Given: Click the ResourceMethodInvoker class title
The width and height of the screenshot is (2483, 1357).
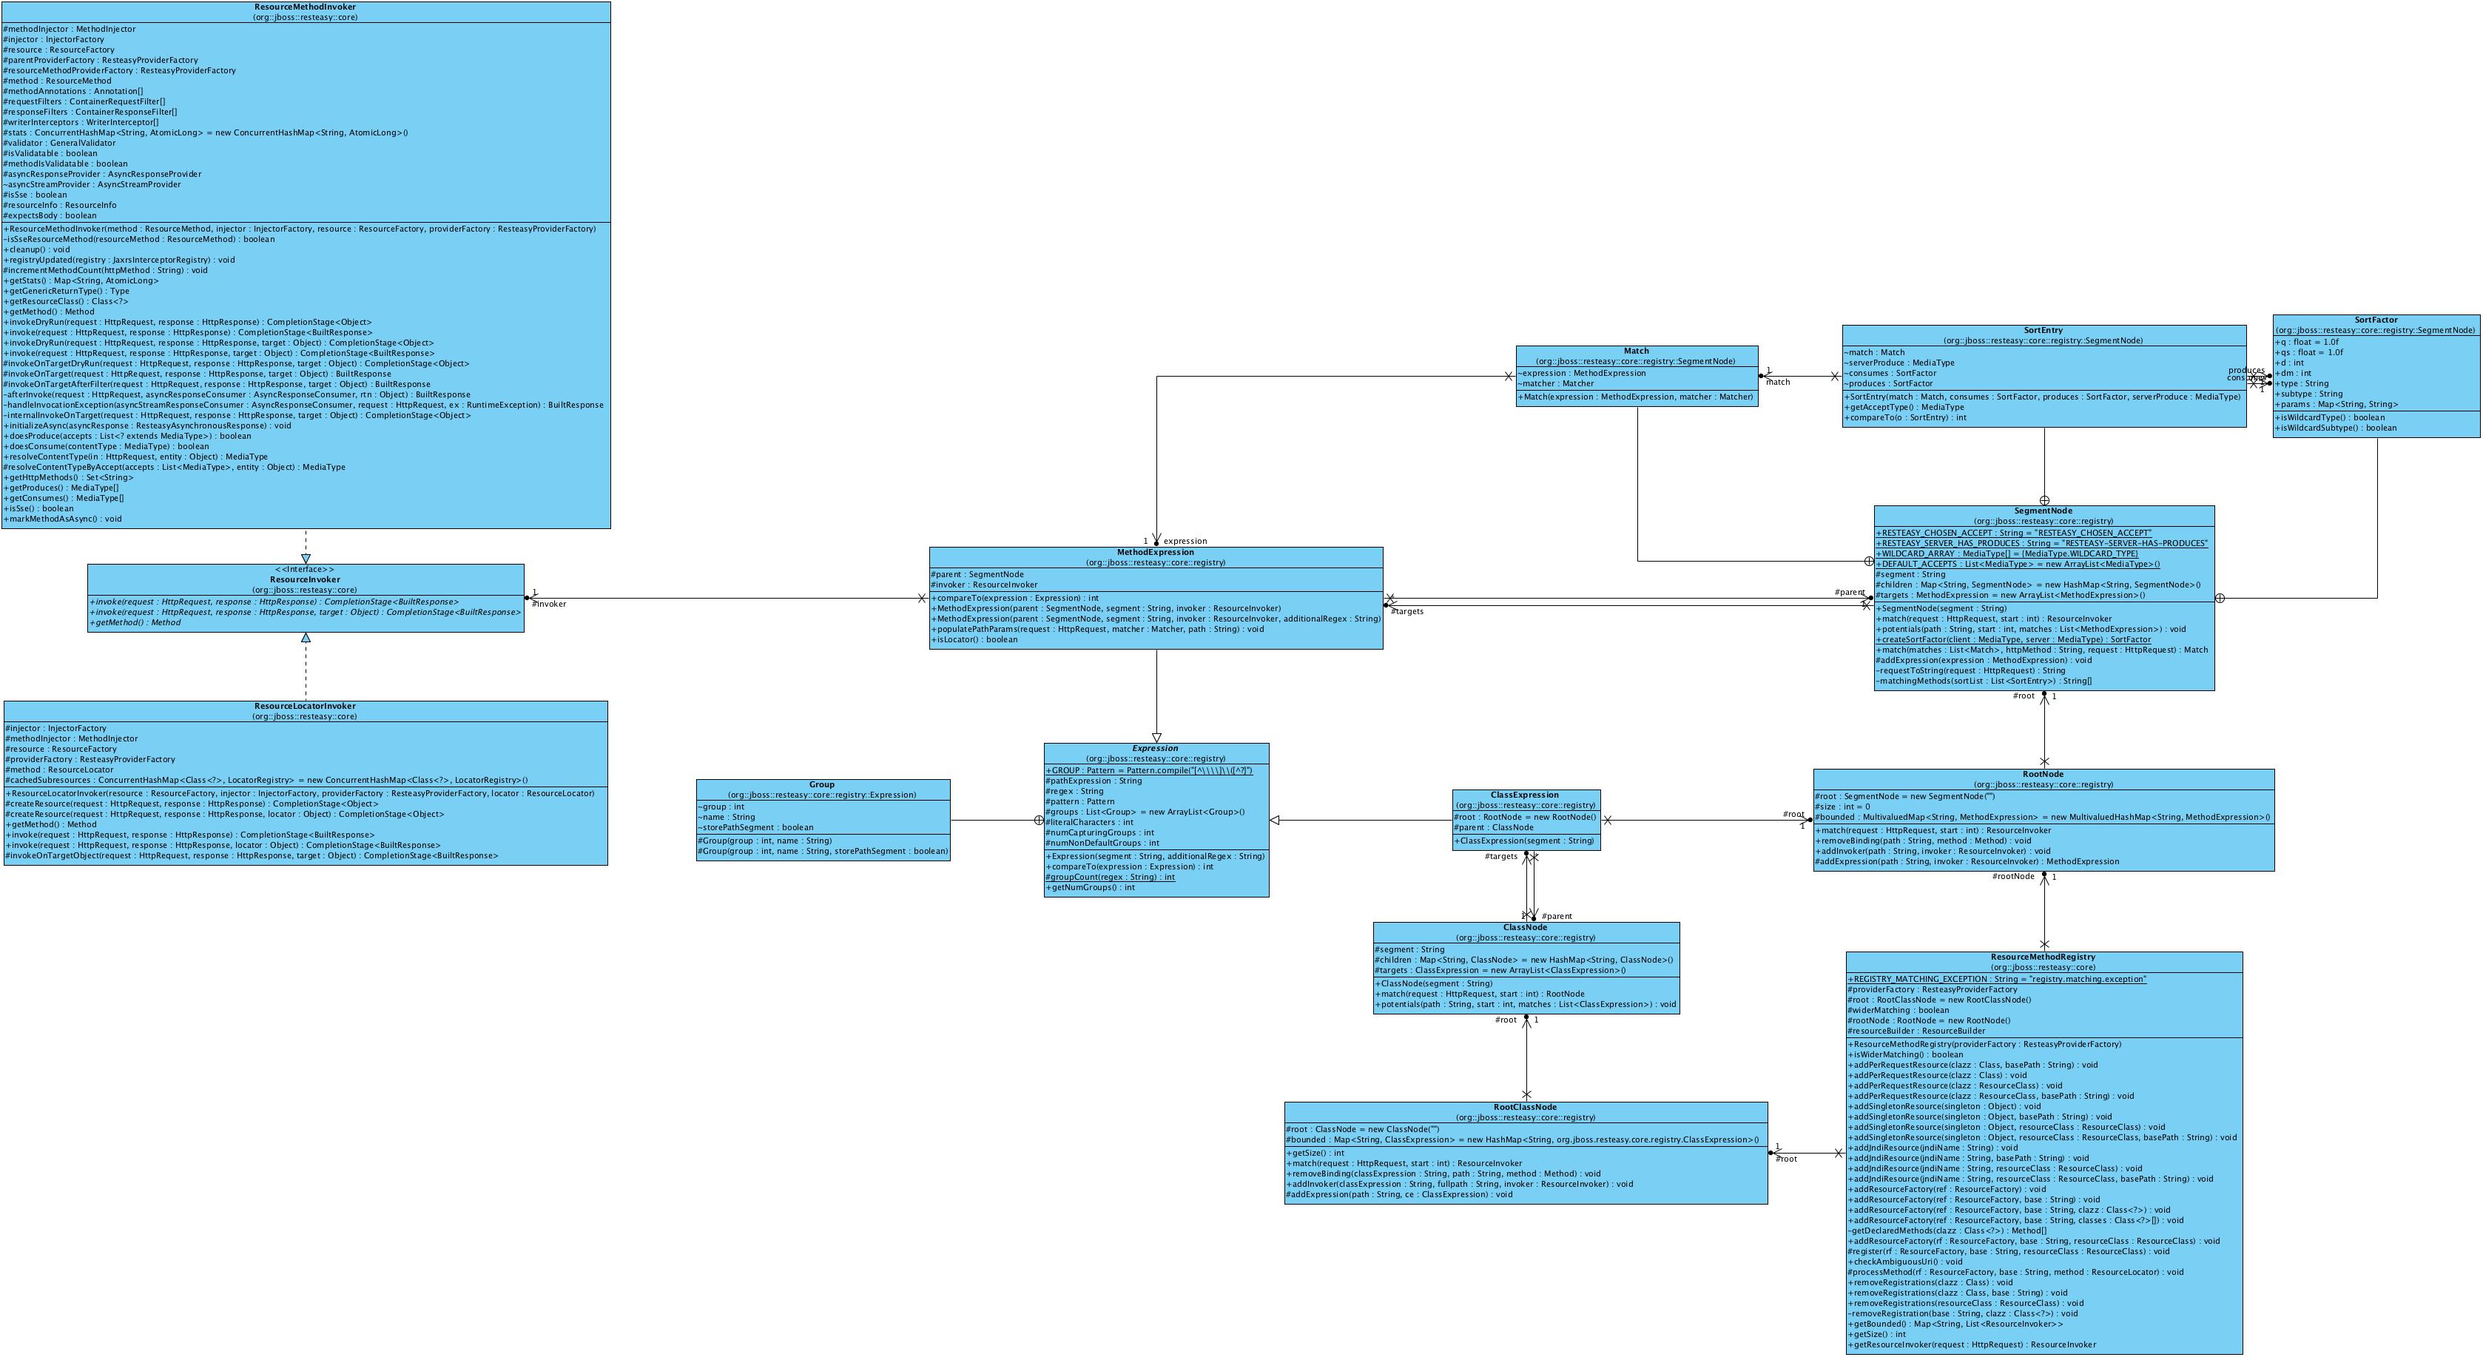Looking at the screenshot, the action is coord(305,7).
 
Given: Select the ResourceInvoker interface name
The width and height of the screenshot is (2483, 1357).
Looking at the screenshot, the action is coord(305,579).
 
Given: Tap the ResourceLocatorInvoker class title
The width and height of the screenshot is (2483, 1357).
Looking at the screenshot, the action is coord(305,707).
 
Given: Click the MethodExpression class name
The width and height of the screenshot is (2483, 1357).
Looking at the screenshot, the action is coord(1155,552).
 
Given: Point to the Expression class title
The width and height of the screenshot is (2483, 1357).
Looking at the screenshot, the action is coord(1155,748).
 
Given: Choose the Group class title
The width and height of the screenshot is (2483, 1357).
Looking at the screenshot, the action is coord(821,784).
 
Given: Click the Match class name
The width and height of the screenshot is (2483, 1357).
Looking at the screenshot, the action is coord(1636,351).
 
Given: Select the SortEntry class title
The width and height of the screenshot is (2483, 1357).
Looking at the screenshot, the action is coord(2043,331).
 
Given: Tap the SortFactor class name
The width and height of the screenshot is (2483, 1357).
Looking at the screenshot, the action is coord(2375,320).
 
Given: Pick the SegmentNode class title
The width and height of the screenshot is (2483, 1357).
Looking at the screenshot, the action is coord(2043,511).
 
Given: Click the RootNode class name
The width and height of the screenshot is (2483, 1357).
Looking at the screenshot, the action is coord(2043,774).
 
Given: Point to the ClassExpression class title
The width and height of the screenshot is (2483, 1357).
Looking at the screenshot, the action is coord(1525,795).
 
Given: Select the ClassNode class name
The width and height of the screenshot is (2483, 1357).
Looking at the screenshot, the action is coord(1525,927).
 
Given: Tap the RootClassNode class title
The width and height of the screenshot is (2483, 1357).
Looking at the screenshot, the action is coord(1525,1108).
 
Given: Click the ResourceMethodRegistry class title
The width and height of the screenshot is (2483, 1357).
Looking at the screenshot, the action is coord(2043,957).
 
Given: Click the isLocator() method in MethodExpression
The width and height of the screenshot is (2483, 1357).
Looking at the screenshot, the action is coord(974,640).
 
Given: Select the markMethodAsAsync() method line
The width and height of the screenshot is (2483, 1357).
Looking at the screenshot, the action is coord(64,519).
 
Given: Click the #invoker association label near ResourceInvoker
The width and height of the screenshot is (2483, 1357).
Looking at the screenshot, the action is coord(550,605).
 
